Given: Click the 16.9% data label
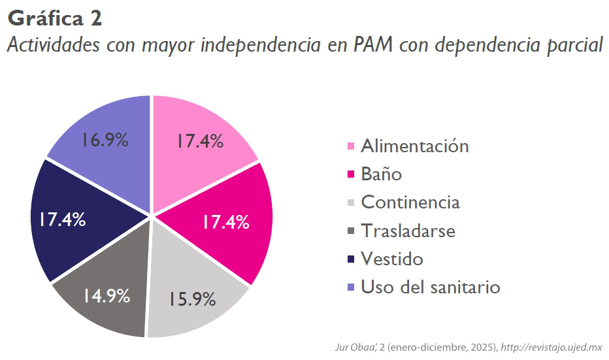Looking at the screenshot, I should (105, 140).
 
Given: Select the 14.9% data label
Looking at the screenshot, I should (106, 295).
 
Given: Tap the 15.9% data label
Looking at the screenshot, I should (192, 299).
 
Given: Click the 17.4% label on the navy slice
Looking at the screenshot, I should (61, 220).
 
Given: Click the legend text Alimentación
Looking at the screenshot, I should (414, 146).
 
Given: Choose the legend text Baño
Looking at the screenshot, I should (381, 174).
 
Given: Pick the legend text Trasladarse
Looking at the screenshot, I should (408, 231).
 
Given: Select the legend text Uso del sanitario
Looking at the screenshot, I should (430, 287).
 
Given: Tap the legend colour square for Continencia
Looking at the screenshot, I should (351, 203).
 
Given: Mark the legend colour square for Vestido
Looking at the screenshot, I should (351, 259).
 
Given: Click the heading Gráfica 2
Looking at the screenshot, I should (55, 18).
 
